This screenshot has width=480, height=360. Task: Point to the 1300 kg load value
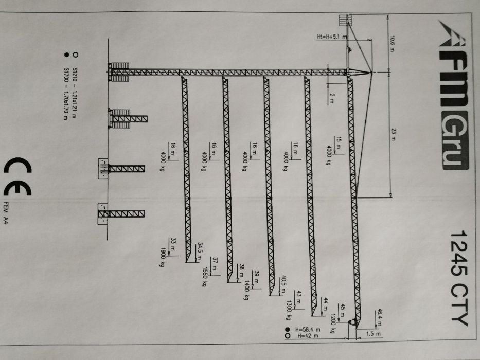pyautogui.click(x=290, y=307)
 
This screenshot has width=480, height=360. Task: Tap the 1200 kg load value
pyautogui.click(x=333, y=319)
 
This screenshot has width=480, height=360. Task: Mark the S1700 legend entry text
pyautogui.click(x=65, y=93)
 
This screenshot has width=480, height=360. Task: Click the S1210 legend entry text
pyautogui.click(x=75, y=92)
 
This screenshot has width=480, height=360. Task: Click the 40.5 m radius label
pyautogui.click(x=283, y=284)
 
